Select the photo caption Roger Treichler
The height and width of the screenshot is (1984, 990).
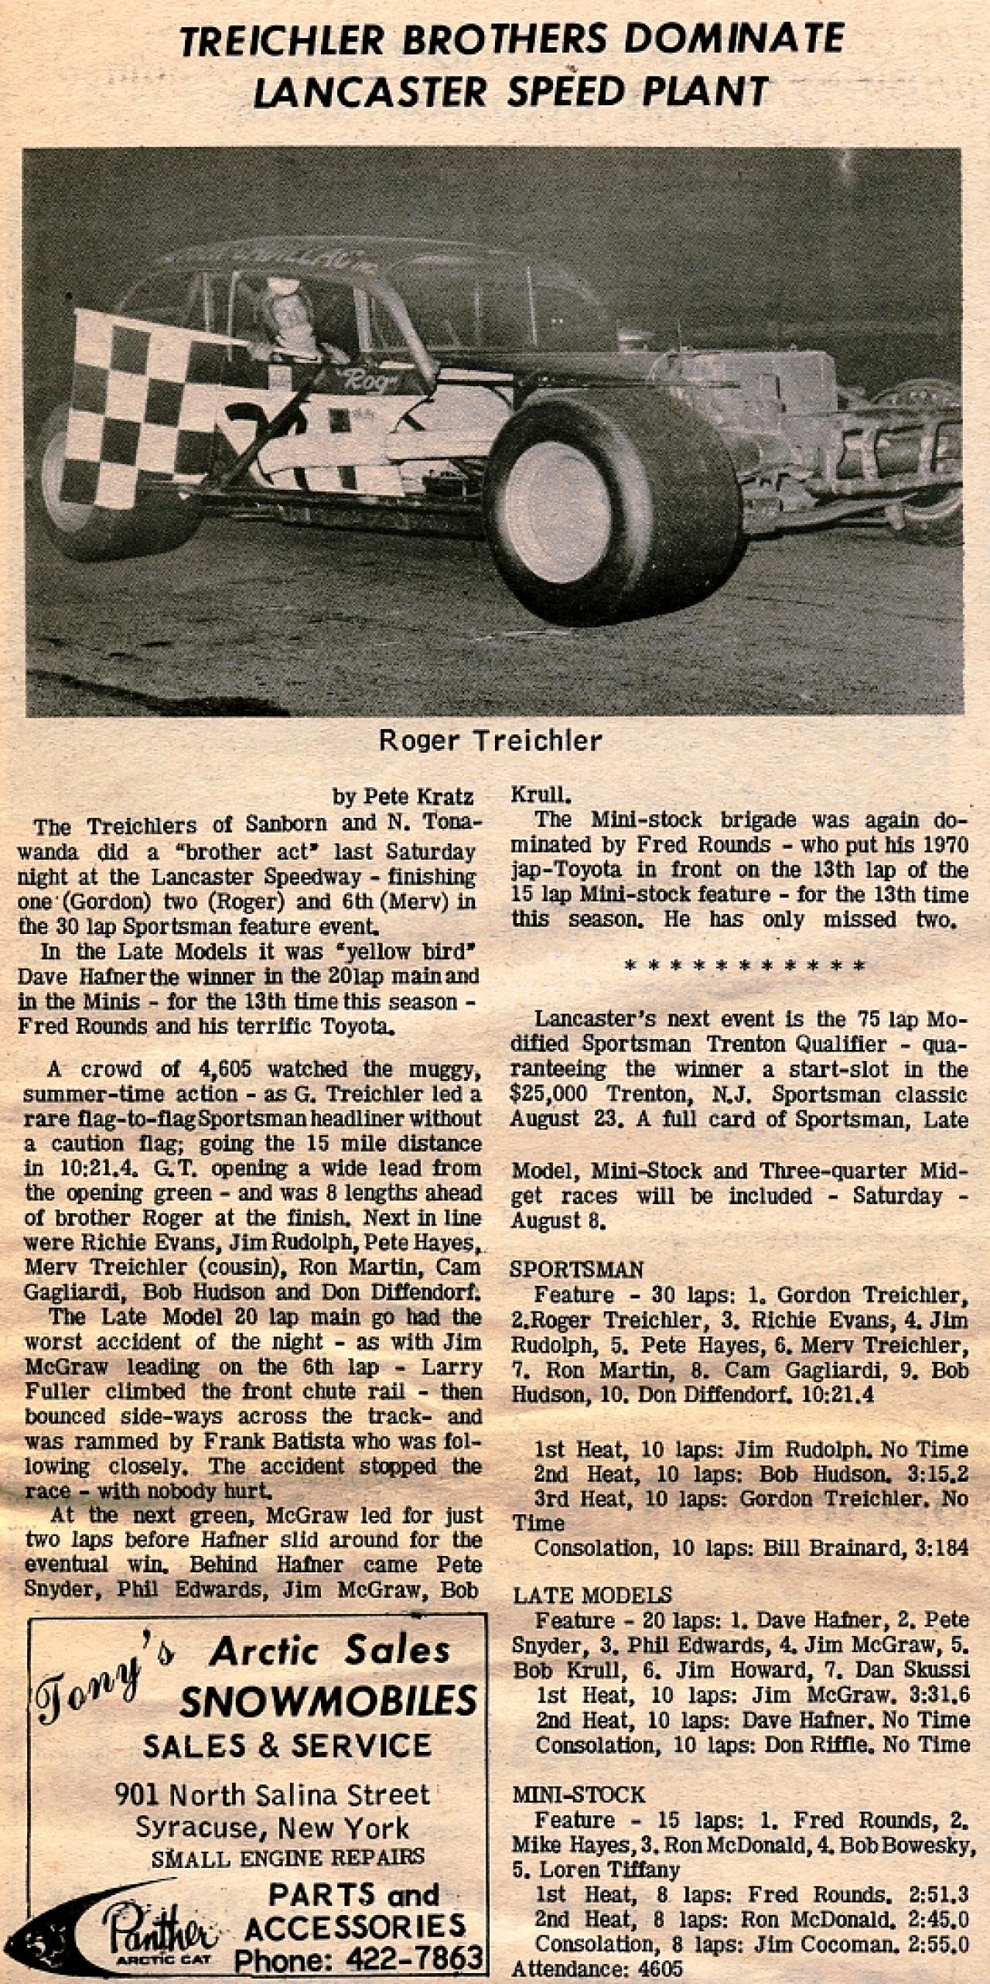(490, 741)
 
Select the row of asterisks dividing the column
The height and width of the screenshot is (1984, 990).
(743, 966)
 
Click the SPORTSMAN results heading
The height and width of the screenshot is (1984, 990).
(577, 1270)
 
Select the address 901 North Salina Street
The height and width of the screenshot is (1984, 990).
(271, 1794)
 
